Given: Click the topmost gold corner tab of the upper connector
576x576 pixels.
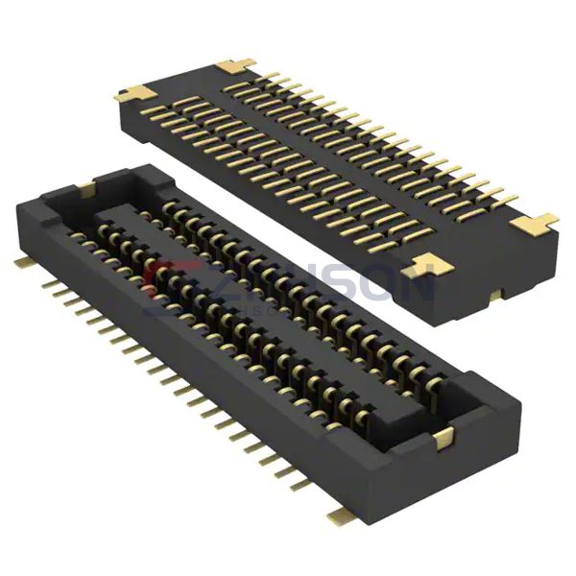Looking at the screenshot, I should pos(236,65).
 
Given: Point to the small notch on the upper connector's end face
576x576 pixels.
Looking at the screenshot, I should pos(493,294).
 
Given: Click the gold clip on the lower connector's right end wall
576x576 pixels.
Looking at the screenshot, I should pos(443,438).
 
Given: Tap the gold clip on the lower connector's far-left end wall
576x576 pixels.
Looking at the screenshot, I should pos(86,189).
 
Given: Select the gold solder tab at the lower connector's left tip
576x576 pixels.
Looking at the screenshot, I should pos(21,261).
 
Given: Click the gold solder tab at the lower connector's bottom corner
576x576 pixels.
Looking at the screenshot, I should pos(339,516).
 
